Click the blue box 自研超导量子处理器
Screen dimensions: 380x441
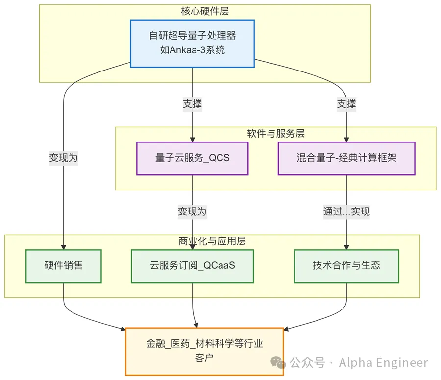point(193,43)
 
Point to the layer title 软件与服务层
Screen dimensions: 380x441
point(276,133)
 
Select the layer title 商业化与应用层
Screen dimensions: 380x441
point(212,241)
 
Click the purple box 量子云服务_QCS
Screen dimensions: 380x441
point(193,158)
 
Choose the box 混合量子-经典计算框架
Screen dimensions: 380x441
point(346,158)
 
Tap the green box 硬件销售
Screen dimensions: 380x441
point(64,266)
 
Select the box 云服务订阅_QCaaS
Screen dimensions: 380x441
point(193,266)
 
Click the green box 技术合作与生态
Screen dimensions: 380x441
point(346,266)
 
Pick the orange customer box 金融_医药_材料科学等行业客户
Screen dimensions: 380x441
point(204,351)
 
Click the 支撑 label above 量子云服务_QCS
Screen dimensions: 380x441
point(193,104)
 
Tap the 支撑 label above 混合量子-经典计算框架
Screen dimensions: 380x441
point(346,104)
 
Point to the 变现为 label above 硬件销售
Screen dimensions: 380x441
point(64,158)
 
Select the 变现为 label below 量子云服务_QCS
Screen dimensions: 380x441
point(193,212)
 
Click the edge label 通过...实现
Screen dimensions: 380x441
point(346,212)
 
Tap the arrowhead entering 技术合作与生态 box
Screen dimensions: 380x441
point(346,247)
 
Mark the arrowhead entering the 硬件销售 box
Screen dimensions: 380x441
point(64,247)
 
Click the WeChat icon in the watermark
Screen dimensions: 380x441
point(279,363)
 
